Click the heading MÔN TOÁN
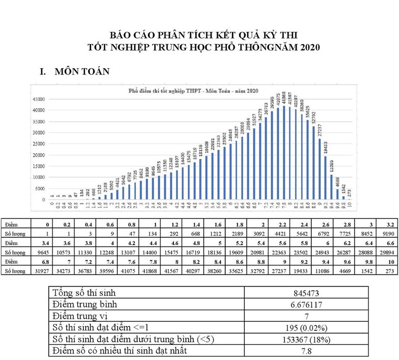point(82,72)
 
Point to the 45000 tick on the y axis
point(37,99)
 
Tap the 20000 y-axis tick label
point(37,155)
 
